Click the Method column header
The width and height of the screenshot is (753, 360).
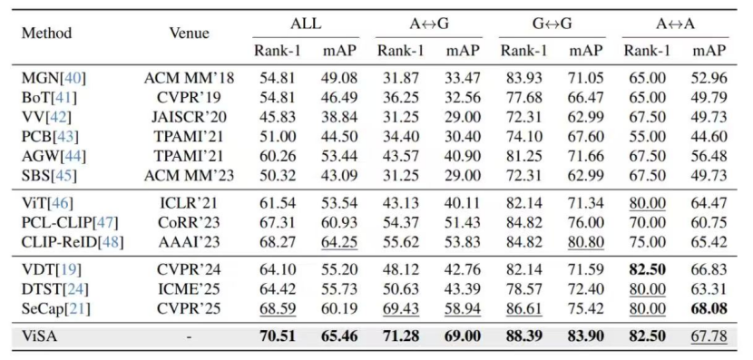pos(46,34)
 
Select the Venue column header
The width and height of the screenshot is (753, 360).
pos(190,34)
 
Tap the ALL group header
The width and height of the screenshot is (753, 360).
pos(306,24)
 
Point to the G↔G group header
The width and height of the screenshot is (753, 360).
pos(553,24)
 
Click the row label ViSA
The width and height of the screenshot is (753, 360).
pos(40,336)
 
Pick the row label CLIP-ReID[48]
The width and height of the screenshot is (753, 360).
pos(73,242)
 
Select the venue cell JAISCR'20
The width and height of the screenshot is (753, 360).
pos(190,117)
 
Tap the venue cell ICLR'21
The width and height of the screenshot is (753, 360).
pos(190,203)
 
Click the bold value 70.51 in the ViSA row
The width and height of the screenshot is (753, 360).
pos(278,336)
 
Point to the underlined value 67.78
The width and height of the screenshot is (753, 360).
pos(709,336)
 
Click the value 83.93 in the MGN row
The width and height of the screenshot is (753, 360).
pos(524,78)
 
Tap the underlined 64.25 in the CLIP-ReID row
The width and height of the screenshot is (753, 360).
pos(339,242)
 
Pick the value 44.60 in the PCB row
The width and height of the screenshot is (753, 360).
pos(709,137)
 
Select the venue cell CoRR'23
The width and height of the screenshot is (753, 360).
pos(190,223)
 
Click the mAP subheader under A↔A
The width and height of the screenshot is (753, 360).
pos(709,51)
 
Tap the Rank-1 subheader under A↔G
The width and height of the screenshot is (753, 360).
pos(400,51)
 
